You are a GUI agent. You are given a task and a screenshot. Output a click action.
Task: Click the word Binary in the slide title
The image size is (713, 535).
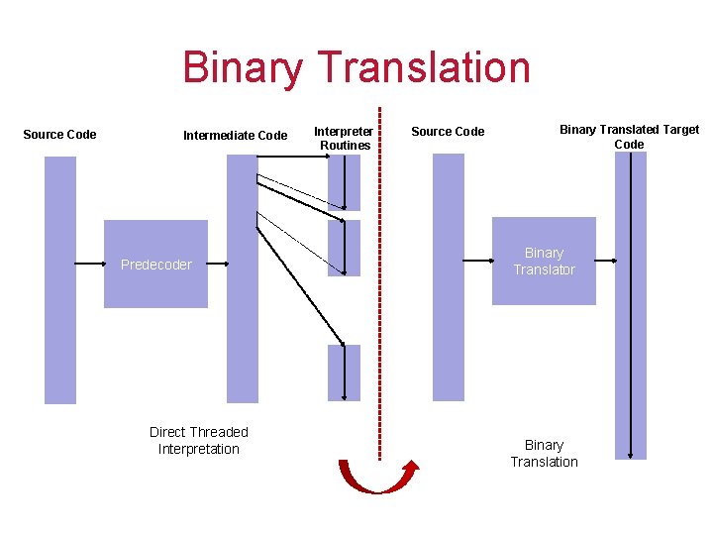244,68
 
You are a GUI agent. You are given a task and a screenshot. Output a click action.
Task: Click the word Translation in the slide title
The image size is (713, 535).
425,68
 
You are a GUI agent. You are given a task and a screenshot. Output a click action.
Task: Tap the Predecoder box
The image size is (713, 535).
155,264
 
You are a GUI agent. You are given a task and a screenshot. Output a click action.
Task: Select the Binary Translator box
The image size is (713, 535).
544,261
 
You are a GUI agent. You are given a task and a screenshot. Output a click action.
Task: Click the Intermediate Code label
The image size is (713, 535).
235,136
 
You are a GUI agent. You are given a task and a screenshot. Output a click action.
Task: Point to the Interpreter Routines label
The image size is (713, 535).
344,138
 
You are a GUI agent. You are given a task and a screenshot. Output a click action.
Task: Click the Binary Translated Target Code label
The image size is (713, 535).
629,137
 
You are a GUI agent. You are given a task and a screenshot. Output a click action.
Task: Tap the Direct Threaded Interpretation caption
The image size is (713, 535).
198,440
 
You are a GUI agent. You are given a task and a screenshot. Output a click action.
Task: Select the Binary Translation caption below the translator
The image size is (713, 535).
544,453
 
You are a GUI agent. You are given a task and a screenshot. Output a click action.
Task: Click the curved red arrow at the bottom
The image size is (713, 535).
378,479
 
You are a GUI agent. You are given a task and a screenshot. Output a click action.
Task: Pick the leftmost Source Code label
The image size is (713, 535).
59,135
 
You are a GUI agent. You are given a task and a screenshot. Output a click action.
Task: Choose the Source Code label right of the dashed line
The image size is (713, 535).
448,132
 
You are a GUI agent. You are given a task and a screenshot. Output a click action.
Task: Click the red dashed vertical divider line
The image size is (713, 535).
379,297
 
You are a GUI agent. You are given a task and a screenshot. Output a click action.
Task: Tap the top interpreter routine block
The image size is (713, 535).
344,182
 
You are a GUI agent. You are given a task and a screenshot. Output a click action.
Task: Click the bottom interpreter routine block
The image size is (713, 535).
344,373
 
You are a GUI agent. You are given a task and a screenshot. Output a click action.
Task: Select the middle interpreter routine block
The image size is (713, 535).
344,248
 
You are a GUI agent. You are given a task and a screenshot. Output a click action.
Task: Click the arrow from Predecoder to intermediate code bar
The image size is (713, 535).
218,265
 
